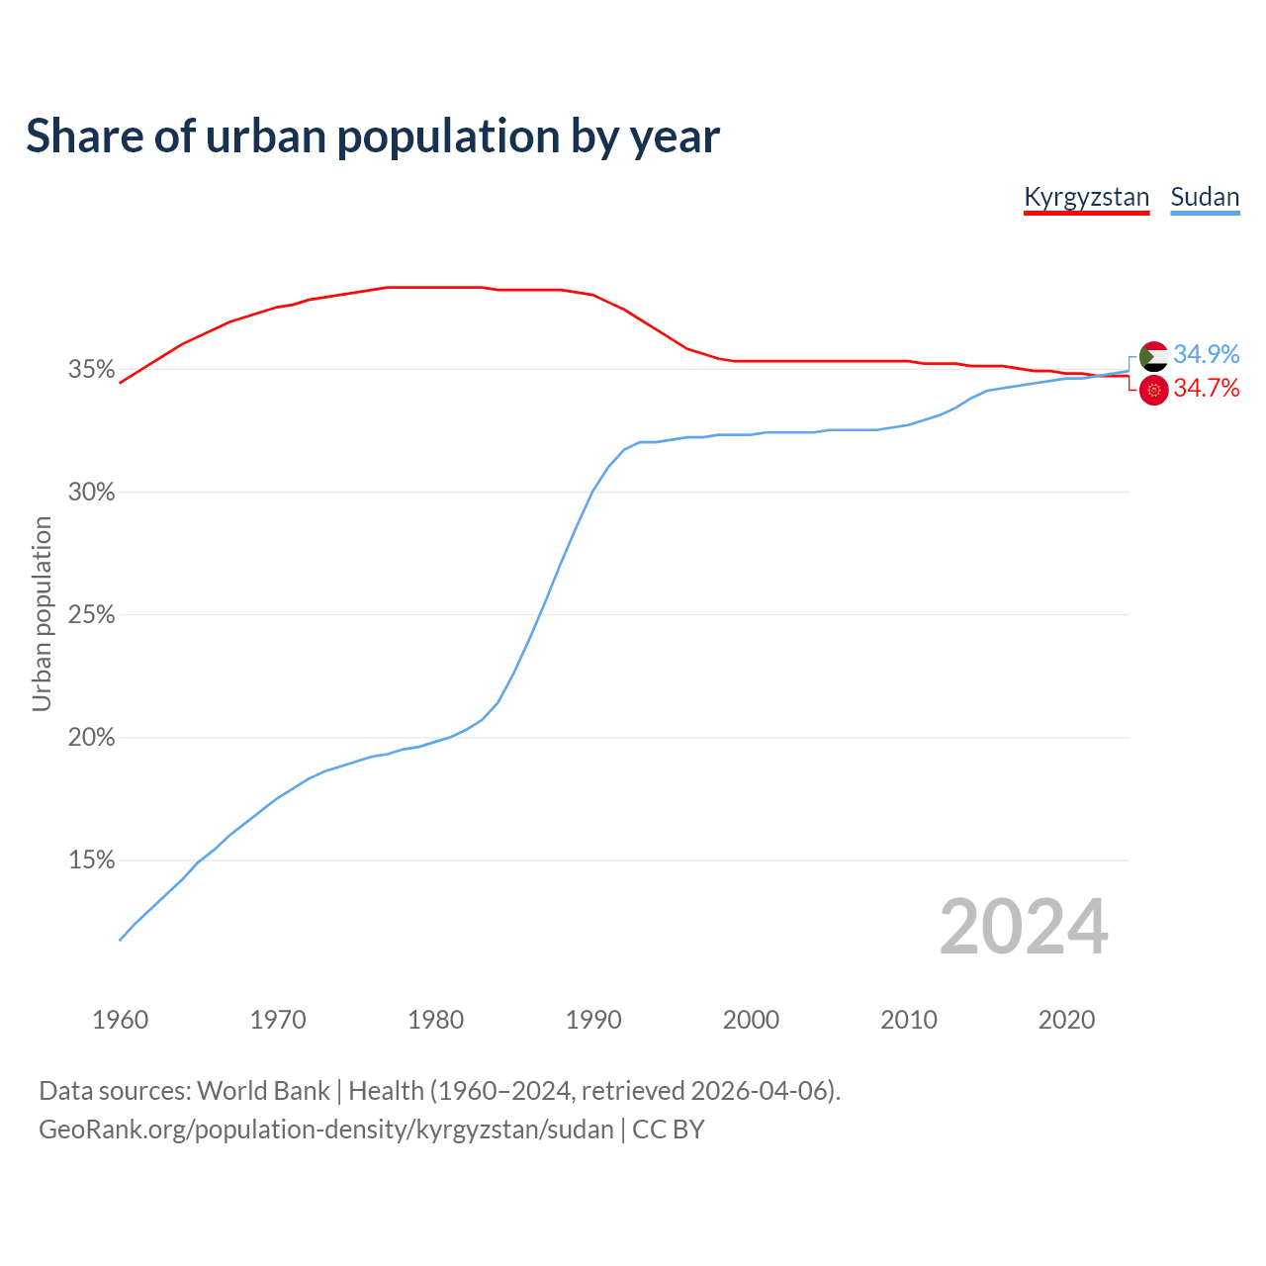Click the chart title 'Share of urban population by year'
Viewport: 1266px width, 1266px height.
point(373,136)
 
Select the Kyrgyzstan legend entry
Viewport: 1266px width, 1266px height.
point(1086,197)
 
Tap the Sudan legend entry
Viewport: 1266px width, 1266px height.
point(1205,197)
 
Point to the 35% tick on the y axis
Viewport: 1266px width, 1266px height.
point(91,370)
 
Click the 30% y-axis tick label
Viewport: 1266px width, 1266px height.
point(91,493)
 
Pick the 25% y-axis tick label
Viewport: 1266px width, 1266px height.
point(91,615)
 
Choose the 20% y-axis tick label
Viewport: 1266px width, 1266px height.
point(91,738)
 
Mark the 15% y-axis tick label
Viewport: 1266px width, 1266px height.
point(91,860)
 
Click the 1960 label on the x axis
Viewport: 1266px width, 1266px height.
point(121,1020)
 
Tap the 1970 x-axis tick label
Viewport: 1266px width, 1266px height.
point(278,1020)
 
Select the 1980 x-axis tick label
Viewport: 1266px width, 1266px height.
point(436,1020)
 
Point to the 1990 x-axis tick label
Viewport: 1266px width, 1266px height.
point(593,1020)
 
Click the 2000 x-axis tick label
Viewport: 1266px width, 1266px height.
point(752,1020)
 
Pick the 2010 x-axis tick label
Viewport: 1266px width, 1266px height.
point(909,1020)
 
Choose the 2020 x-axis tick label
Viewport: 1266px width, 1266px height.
point(1066,1020)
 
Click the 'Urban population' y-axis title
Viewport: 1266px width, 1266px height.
point(42,614)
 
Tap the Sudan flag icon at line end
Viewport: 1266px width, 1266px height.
point(1154,356)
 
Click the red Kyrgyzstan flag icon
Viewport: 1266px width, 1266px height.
point(1154,391)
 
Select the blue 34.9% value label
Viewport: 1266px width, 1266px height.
point(1207,354)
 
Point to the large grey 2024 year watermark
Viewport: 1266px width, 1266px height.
point(1024,927)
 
